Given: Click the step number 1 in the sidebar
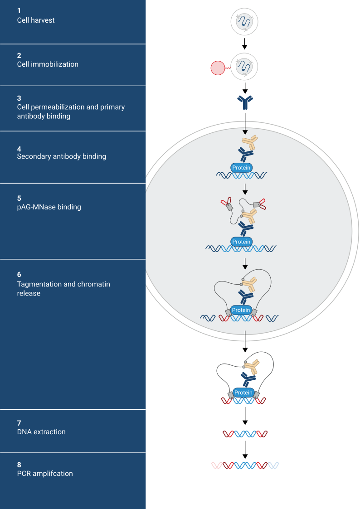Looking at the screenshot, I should pos(19,10).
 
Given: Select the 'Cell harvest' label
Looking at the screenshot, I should pos(36,20).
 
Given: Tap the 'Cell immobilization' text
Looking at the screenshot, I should pos(48,64).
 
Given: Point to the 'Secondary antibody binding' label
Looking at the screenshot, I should pos(61,156).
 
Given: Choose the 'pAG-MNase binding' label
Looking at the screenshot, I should pos(49,207).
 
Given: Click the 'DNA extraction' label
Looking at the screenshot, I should pos(41,432).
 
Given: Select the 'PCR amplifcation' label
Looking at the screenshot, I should pos(45,474).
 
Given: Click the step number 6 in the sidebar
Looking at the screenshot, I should pos(19,275).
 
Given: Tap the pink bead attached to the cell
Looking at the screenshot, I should pos(218,68).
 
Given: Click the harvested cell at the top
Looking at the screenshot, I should pos(245,21).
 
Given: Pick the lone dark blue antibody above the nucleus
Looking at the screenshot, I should pos(245,102).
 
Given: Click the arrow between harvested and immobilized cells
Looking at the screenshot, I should pos(245,44).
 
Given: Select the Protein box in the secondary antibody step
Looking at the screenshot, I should pos(241,168).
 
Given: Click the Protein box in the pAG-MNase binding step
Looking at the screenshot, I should pos(241,242).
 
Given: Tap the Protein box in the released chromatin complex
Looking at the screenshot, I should pos(244,393).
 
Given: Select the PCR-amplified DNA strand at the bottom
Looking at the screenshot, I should pos(245,465).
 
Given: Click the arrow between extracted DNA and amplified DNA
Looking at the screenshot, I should pos(245,449).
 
